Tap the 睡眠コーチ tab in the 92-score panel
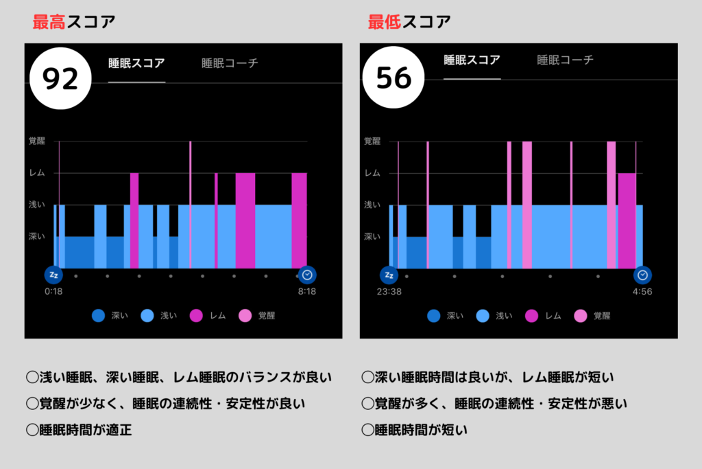coord(230,63)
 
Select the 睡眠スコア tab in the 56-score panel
coord(472,60)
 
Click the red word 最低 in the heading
coord(383,21)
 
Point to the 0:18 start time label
coord(53,291)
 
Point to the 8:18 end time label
coord(307,291)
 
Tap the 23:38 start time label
coord(389,291)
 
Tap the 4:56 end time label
coord(642,291)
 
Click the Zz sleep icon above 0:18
coord(53,275)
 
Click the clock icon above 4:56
coord(642,275)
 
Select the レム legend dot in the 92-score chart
coord(196,316)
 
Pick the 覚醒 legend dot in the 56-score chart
coord(581,316)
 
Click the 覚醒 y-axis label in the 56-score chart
coord(372,141)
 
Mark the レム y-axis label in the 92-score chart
coord(38,173)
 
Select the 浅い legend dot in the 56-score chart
coord(483,316)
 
